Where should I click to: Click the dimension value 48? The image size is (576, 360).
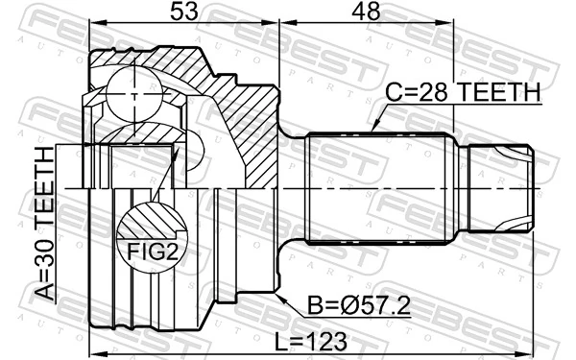point(366,13)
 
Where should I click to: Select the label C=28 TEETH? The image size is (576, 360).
point(464,93)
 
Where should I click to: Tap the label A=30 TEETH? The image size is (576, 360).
point(45,226)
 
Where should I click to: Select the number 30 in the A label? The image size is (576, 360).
point(45,252)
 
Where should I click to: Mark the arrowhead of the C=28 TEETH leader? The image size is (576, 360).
point(372,130)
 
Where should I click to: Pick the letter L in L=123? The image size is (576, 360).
point(280,340)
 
